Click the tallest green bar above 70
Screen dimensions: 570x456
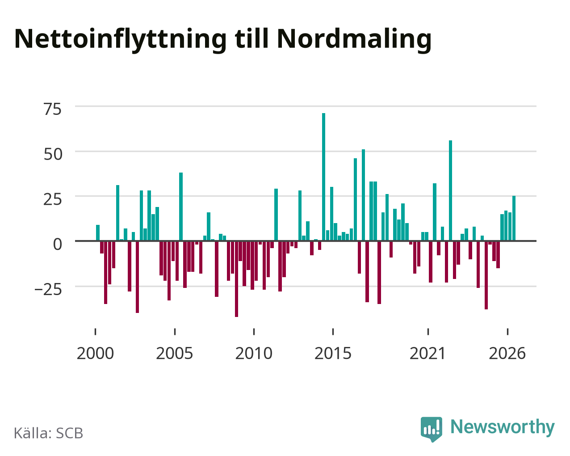tap(323, 177)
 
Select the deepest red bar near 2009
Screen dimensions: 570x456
tap(236, 279)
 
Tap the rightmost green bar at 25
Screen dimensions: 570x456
tap(514, 218)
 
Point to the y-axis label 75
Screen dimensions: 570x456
tap(53, 109)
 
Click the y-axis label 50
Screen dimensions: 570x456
tap(53, 154)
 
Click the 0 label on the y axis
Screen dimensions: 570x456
tap(58, 244)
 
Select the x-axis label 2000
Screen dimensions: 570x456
tap(95, 353)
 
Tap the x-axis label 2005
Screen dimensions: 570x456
tap(175, 353)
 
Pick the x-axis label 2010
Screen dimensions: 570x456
tap(254, 353)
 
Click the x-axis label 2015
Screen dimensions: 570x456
tap(333, 353)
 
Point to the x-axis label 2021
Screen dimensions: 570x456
tap(428, 353)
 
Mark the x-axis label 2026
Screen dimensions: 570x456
tap(507, 353)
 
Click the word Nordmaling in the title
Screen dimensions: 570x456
tap(354, 39)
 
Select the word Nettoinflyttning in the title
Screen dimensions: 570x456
tap(121, 39)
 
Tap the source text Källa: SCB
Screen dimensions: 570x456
tap(49, 433)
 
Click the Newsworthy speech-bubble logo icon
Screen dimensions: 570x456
tap(432, 429)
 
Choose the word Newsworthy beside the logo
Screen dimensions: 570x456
tap(503, 427)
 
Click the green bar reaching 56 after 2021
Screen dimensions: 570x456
tap(451, 190)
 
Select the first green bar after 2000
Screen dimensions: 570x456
tap(98, 233)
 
